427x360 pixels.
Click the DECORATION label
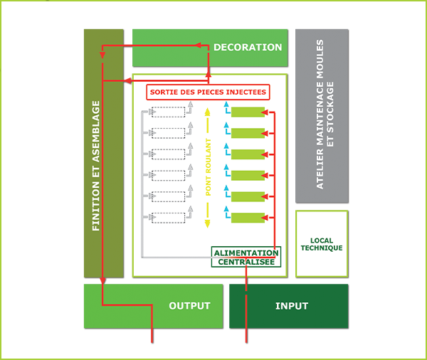(248, 48)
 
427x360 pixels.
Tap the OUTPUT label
(189, 306)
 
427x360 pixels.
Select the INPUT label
(292, 306)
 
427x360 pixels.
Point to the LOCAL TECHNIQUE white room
(321, 244)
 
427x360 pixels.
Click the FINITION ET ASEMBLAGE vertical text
(96, 165)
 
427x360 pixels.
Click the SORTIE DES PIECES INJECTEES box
(208, 92)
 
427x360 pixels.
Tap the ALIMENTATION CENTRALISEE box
(246, 258)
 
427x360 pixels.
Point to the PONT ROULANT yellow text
(208, 166)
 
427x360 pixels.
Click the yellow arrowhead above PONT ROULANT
(208, 111)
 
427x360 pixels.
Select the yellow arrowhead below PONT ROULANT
(208, 223)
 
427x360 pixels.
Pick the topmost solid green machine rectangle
(248, 112)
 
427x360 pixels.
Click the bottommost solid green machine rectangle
(248, 218)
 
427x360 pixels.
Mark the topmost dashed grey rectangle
(168, 112)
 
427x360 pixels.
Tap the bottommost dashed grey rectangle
(168, 218)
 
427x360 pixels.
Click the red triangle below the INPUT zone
(246, 337)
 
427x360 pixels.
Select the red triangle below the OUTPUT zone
(152, 337)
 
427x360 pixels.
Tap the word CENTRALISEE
(246, 263)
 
